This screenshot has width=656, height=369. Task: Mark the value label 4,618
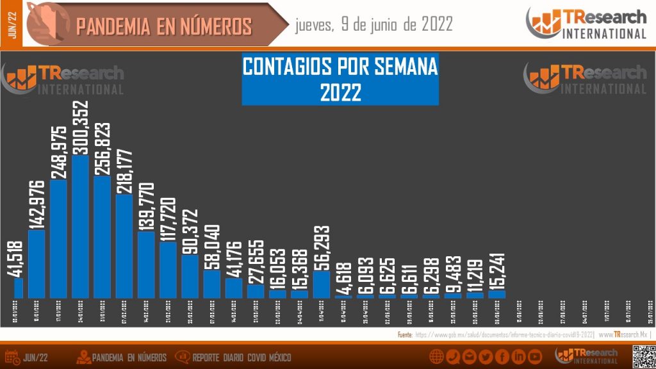(343, 277)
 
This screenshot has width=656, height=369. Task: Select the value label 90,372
(190, 231)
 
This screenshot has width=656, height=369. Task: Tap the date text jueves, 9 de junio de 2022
(374, 25)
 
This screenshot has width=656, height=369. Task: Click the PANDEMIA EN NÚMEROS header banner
(163, 26)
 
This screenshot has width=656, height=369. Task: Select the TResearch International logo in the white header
(586, 24)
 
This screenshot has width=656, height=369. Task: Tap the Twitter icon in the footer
(486, 357)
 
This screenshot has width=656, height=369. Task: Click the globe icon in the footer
(437, 357)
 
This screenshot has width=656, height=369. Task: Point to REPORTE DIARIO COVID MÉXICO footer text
(241, 357)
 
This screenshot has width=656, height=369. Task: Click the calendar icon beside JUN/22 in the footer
(12, 357)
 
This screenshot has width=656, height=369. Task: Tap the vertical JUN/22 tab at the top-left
(12, 24)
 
